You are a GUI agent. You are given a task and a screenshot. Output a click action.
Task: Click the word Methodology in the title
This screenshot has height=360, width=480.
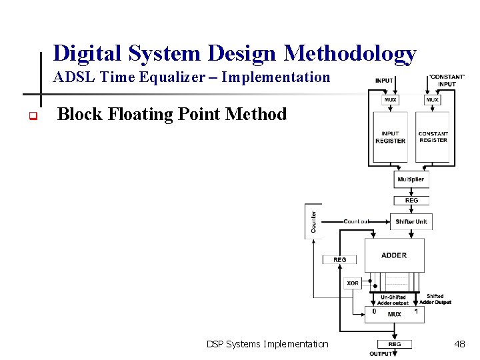tap(350, 53)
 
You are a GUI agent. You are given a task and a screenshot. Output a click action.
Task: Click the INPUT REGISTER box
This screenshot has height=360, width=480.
tap(391, 137)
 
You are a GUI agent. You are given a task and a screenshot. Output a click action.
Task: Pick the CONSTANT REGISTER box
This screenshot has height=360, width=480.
tap(433, 137)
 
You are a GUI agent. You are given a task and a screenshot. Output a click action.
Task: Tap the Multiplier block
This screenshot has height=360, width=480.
tap(411, 180)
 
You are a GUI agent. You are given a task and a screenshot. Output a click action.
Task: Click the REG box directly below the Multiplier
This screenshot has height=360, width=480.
tap(411, 200)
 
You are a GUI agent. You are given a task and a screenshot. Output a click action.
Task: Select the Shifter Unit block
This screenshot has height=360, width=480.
tap(411, 221)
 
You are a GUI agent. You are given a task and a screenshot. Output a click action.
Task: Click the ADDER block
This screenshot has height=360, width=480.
tap(394, 255)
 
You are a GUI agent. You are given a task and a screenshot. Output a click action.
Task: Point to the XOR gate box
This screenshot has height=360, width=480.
tap(353, 283)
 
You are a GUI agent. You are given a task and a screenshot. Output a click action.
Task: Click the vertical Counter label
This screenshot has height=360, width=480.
tap(314, 222)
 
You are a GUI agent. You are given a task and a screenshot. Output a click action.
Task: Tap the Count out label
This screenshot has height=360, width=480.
tap(357, 221)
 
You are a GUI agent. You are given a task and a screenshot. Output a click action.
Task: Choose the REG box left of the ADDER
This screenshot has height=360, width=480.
tap(340, 259)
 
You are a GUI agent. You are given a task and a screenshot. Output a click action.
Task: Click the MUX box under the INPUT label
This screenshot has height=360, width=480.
tap(391, 100)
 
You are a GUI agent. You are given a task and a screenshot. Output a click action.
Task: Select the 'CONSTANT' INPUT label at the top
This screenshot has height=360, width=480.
tap(447, 80)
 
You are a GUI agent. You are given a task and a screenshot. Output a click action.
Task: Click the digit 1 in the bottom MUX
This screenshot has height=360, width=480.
tap(416, 311)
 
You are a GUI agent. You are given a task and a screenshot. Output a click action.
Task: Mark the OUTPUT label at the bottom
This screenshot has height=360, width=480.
tap(381, 353)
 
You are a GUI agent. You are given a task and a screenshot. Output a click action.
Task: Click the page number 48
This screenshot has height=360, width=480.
tap(459, 344)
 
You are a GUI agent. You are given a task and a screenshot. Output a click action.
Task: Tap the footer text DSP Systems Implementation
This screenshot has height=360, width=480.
tap(267, 344)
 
